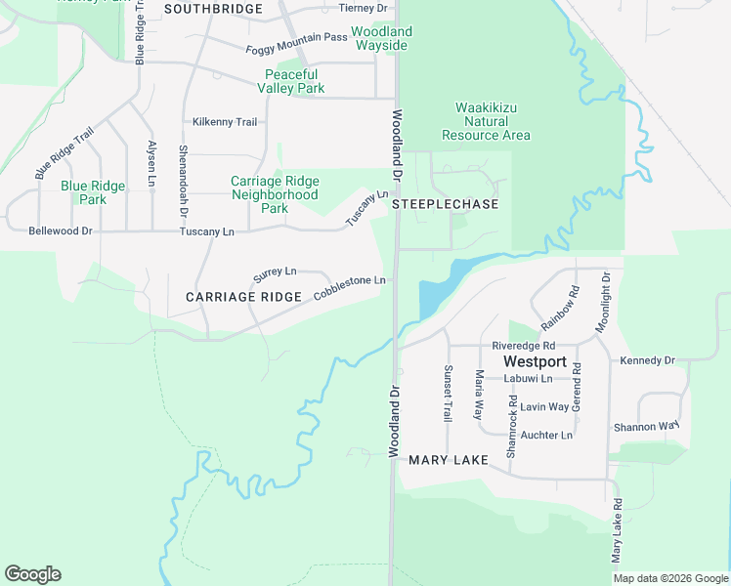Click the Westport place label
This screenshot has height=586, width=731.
(x=535, y=361)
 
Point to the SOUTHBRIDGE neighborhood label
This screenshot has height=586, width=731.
(x=213, y=9)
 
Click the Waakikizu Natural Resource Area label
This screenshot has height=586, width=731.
(x=486, y=121)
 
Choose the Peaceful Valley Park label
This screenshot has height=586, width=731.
(x=290, y=81)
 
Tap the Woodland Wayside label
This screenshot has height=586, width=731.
(x=380, y=39)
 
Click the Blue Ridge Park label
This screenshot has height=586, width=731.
(x=93, y=192)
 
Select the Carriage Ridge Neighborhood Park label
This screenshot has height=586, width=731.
(x=275, y=194)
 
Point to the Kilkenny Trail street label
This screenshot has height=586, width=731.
(x=225, y=122)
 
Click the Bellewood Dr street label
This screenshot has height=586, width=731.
(x=61, y=231)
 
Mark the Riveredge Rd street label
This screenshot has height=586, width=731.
(x=523, y=346)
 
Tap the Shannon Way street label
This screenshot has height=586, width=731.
(x=646, y=427)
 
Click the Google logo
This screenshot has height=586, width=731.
(x=32, y=574)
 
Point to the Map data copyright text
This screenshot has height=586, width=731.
(x=670, y=578)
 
